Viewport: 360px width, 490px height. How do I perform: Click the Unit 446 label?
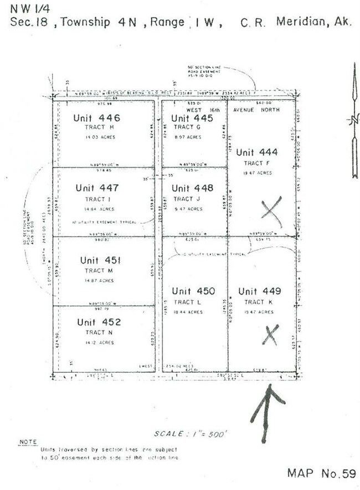coord(96,118)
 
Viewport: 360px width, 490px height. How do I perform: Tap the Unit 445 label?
coord(192,118)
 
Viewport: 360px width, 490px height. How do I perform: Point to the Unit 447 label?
coord(97,188)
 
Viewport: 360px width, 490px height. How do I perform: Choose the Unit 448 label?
coord(192,188)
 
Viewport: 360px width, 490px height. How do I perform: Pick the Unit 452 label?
coord(99,322)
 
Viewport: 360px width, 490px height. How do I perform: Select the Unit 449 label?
coord(259,291)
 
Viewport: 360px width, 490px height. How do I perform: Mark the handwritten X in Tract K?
coord(270,335)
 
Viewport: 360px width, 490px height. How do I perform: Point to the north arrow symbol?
coord(354,127)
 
